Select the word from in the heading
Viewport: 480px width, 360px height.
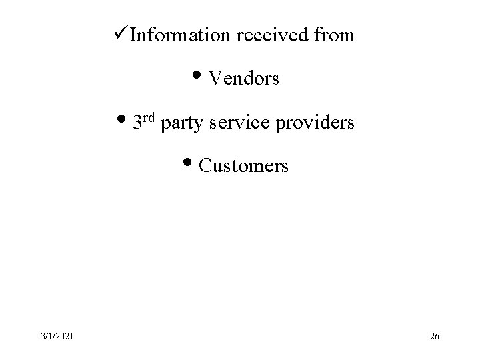point(336,35)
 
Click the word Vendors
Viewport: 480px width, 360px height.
point(244,79)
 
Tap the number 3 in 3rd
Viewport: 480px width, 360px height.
point(137,123)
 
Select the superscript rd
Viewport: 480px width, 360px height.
point(149,118)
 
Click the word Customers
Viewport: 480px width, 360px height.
point(244,166)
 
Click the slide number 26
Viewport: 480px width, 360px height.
point(435,336)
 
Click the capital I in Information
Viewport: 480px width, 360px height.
point(133,35)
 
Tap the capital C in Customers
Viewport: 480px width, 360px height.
point(205,166)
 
